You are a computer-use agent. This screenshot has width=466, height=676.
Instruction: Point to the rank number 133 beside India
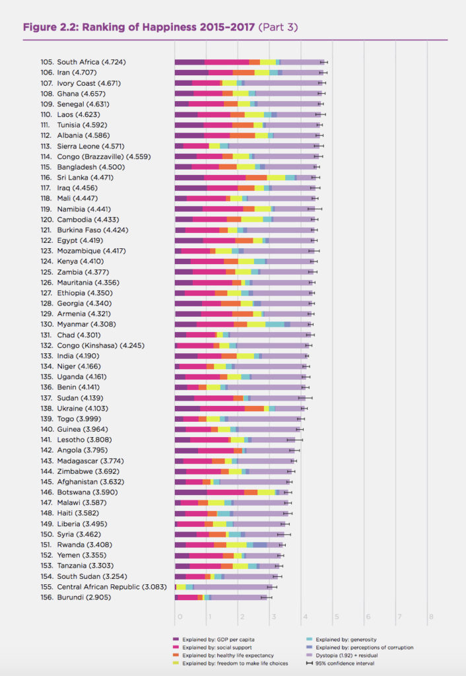click(x=47, y=356)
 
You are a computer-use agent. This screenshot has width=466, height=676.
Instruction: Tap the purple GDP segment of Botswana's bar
click(x=191, y=492)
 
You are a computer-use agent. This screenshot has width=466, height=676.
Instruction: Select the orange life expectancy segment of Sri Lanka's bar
click(x=256, y=178)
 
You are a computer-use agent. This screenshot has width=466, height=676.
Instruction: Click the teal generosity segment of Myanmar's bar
click(x=275, y=324)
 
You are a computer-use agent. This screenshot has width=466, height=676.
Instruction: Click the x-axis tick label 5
click(x=335, y=617)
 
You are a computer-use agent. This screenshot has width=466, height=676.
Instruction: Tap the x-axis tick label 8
click(x=430, y=617)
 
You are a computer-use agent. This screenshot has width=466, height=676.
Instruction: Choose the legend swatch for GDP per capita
click(x=176, y=639)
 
